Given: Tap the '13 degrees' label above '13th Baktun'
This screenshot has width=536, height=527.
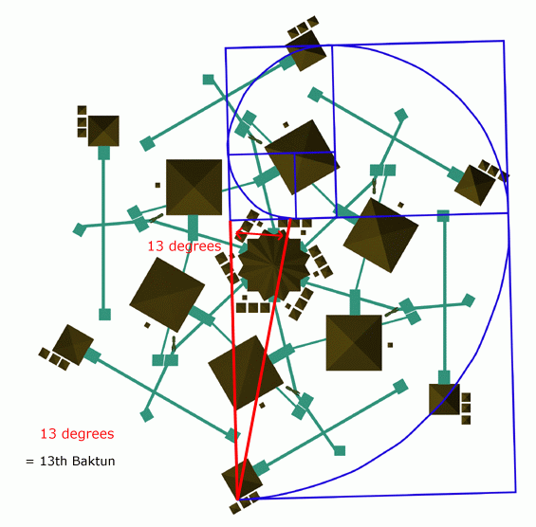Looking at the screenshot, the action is [x=77, y=434].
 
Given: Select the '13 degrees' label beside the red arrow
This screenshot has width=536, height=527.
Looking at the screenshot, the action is [x=184, y=245].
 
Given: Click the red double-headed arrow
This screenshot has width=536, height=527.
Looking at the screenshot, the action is [x=260, y=234].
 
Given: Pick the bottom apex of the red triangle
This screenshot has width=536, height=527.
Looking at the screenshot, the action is [x=237, y=500].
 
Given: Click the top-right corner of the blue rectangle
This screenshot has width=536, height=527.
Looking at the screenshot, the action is [x=504, y=41].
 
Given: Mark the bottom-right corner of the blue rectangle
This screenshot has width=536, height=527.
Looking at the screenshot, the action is [x=515, y=492].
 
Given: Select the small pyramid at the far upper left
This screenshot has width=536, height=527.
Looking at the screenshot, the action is [x=103, y=131].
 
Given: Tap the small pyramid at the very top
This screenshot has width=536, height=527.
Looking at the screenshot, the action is [x=306, y=50].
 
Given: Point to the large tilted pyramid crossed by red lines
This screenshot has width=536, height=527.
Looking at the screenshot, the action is [x=246, y=373].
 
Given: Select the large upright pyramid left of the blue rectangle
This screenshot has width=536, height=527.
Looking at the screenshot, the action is [x=194, y=187].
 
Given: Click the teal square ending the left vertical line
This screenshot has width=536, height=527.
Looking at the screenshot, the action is [x=104, y=315].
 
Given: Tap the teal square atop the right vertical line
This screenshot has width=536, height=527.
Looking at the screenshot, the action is [x=443, y=216].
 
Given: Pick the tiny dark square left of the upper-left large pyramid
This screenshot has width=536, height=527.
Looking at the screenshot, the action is [x=157, y=185].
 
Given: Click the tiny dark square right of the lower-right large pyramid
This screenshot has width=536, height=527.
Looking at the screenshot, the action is [x=390, y=345].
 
